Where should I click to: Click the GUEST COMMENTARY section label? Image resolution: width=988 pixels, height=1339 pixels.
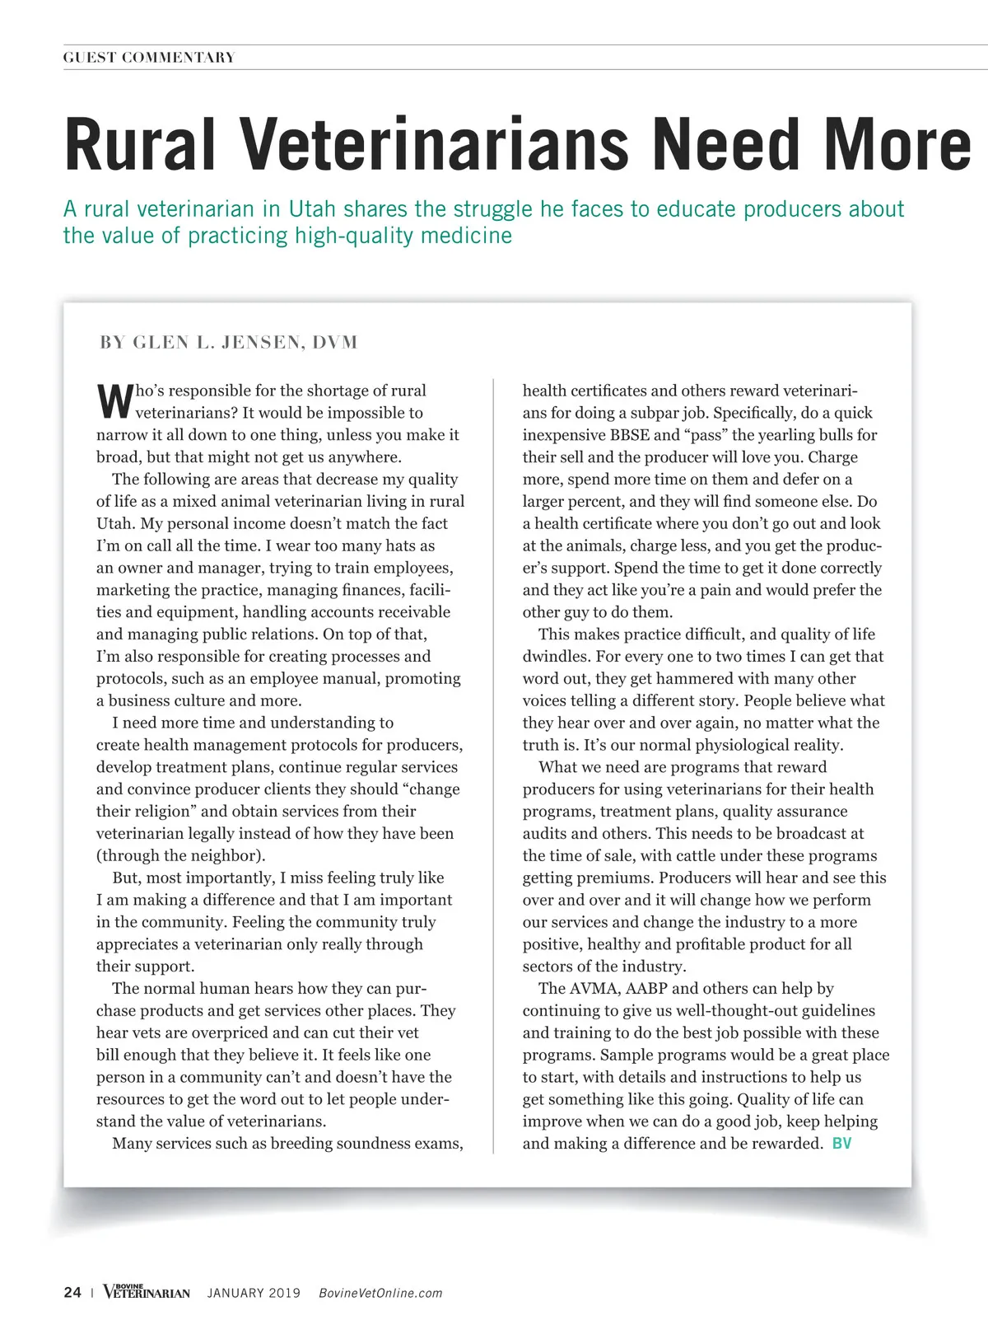pyautogui.click(x=149, y=58)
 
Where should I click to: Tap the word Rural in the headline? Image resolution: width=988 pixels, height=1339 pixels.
pyautogui.click(x=140, y=146)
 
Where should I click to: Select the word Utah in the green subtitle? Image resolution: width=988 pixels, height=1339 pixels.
pyautogui.click(x=310, y=209)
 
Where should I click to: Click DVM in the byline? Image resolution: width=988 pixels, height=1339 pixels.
pyautogui.click(x=335, y=343)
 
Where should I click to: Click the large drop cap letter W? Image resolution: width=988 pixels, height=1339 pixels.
pyautogui.click(x=114, y=400)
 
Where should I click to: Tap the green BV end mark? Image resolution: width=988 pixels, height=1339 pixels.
pyautogui.click(x=841, y=1144)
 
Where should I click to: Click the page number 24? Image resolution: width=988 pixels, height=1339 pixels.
pyautogui.click(x=72, y=1292)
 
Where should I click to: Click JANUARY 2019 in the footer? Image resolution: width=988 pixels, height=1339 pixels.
pyautogui.click(x=254, y=1293)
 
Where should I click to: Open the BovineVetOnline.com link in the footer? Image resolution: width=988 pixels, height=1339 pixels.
pyautogui.click(x=380, y=1293)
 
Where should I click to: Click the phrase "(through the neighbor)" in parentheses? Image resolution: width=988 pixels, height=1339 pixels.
pyautogui.click(x=180, y=855)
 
